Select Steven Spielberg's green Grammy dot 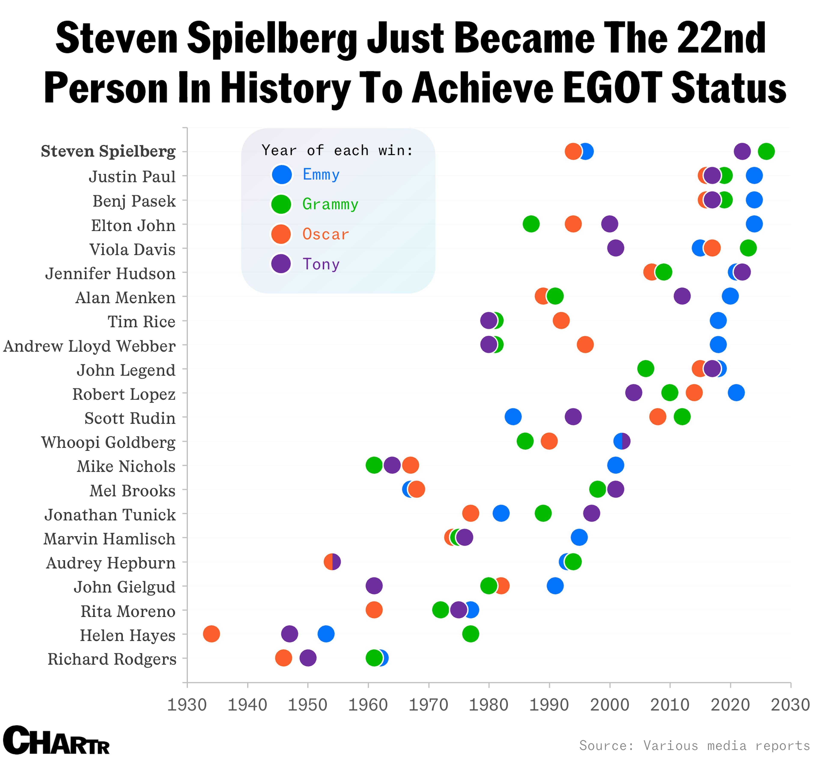tap(766, 151)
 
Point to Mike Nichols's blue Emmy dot tap(615, 465)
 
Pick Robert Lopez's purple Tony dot tap(634, 393)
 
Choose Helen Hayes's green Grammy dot tap(471, 634)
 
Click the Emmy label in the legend tap(321, 174)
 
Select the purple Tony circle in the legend tap(281, 264)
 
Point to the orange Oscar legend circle tap(281, 234)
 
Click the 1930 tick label tap(187, 705)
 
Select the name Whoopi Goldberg tap(108, 442)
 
